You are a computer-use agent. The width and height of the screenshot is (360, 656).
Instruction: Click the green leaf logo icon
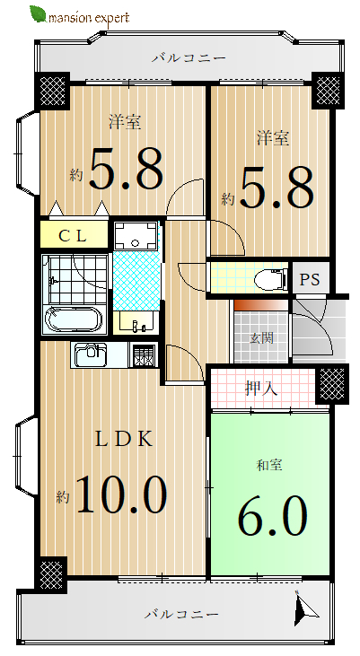click(38, 14)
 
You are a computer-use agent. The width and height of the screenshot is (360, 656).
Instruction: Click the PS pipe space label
click(311, 279)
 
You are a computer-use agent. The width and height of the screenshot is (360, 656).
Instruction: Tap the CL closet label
click(73, 236)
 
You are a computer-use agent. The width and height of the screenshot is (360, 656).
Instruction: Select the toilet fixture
click(270, 278)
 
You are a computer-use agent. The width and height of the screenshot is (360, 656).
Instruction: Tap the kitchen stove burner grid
click(144, 355)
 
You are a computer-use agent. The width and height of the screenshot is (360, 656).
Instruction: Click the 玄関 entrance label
click(262, 337)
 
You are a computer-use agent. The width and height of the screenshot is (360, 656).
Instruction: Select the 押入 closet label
click(261, 389)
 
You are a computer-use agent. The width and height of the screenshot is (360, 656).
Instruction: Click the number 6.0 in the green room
click(273, 515)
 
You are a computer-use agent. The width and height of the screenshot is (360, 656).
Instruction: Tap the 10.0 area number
click(121, 495)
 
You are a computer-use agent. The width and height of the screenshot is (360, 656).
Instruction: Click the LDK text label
click(124, 440)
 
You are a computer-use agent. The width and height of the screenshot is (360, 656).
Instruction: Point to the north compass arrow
click(304, 607)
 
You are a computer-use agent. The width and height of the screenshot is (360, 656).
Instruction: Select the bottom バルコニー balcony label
click(181, 615)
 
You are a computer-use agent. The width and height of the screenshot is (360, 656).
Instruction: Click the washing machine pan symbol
click(136, 236)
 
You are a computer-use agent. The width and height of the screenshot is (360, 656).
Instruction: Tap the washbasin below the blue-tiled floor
click(136, 322)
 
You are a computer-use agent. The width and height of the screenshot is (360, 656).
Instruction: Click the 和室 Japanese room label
click(269, 465)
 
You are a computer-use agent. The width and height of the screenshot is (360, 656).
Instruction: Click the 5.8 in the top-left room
click(126, 169)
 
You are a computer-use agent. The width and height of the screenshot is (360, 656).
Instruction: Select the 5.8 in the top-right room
click(277, 188)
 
